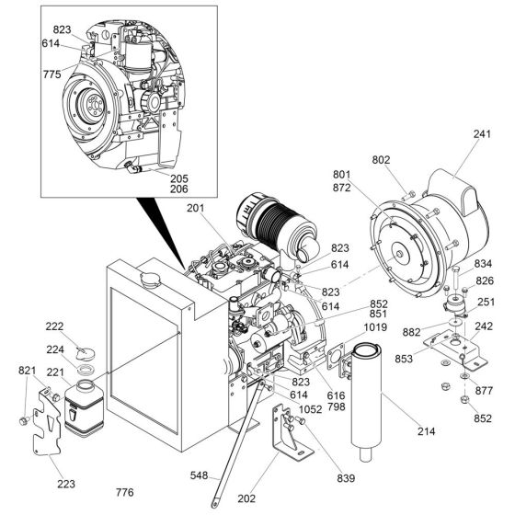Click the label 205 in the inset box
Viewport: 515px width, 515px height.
(x=178, y=178)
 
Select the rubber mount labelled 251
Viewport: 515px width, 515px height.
(x=453, y=304)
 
